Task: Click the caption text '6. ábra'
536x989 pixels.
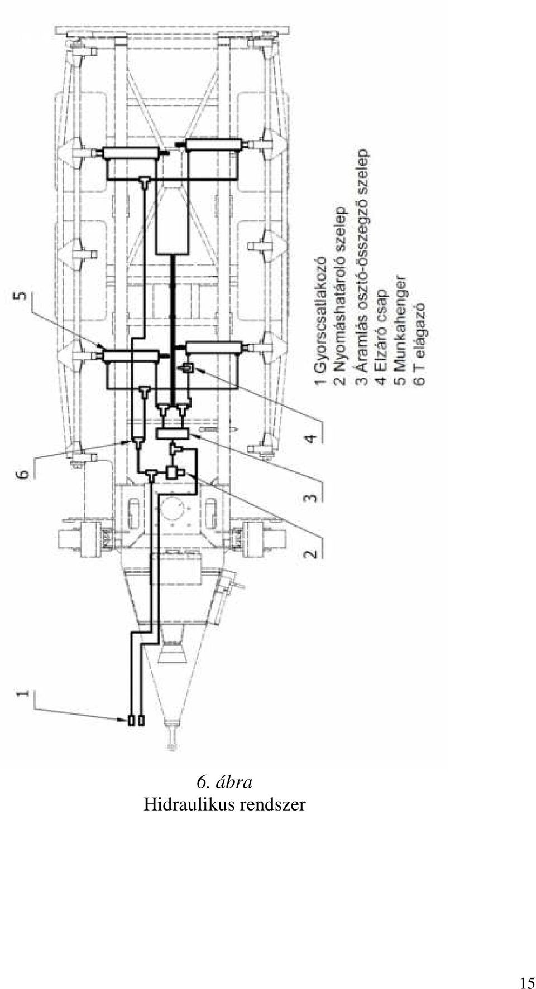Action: [x=225, y=782]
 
